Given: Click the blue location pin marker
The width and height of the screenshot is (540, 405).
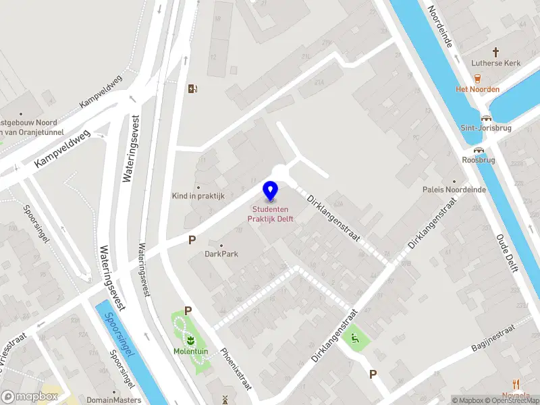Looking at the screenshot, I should (271, 191).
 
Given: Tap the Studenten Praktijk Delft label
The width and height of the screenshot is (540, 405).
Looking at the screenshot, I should (273, 214).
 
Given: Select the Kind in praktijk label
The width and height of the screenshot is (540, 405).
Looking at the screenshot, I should (198, 196).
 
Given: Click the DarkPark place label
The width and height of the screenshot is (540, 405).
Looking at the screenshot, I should (221, 254).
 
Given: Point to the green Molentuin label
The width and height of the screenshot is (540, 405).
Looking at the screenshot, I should (190, 351).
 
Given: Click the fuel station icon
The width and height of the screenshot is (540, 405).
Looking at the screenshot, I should (193, 88).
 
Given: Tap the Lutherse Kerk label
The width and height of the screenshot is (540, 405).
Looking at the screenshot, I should (495, 63).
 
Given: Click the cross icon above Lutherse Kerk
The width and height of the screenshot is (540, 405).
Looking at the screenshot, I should (495, 51).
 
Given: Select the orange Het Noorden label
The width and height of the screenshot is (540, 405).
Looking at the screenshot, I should (477, 89).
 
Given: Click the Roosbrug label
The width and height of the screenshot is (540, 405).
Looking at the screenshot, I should (479, 161).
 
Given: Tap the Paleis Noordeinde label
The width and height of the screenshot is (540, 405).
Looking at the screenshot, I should (454, 190).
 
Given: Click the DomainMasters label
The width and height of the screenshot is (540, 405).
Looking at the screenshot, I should (113, 400).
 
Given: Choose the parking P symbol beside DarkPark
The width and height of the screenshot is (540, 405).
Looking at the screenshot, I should (192, 240).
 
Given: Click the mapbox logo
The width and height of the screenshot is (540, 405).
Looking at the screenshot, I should (30, 397).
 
